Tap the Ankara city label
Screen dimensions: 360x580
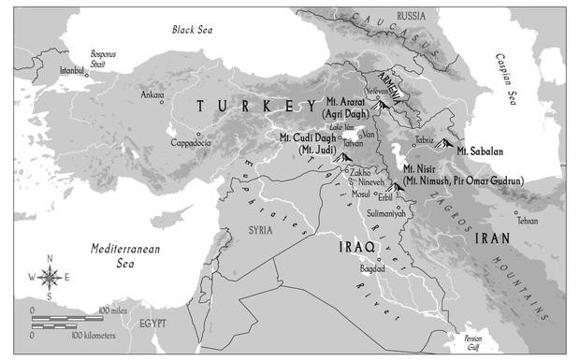click(x=152, y=95)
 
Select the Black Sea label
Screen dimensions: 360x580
click(x=194, y=30)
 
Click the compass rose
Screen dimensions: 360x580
click(x=51, y=276)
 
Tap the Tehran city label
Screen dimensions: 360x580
click(x=529, y=222)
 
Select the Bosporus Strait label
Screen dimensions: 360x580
click(x=104, y=58)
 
